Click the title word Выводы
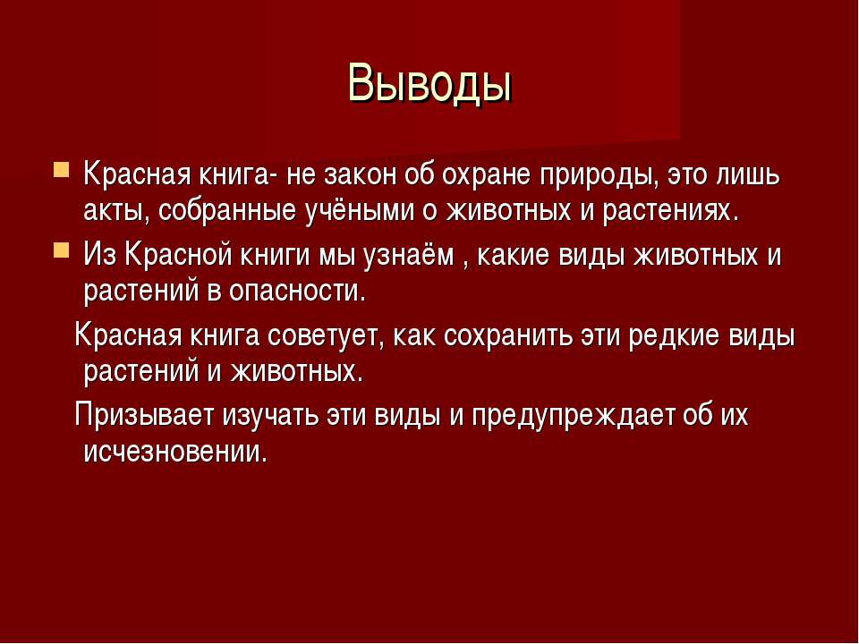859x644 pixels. (x=429, y=83)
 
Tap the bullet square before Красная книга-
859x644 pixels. (x=62, y=169)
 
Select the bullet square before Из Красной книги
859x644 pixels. (x=62, y=250)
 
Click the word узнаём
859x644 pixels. (x=408, y=256)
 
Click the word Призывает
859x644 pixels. (x=143, y=416)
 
